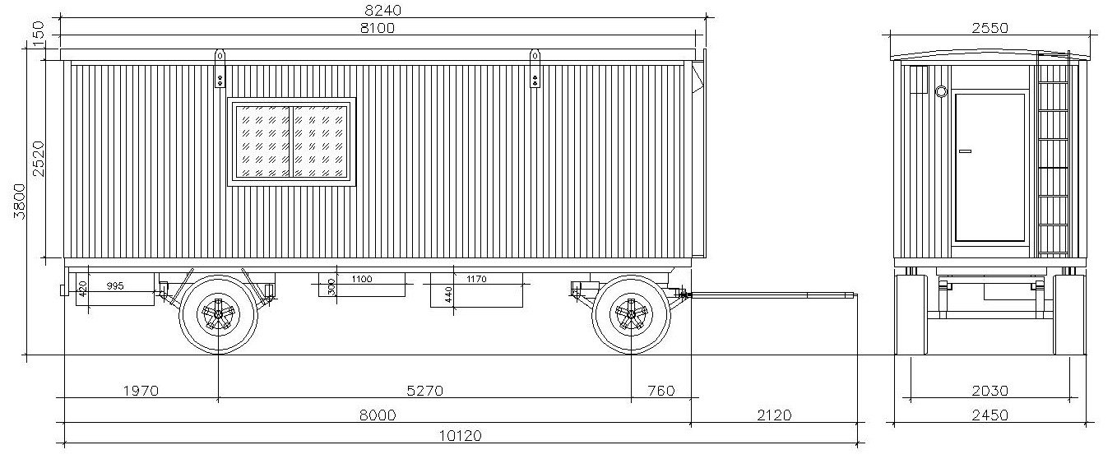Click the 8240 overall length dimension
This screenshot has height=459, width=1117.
(383, 10)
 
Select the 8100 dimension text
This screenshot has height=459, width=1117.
(378, 28)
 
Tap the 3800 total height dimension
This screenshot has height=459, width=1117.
(19, 201)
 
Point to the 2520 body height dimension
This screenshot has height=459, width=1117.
(39, 159)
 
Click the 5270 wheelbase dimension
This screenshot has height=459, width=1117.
(425, 391)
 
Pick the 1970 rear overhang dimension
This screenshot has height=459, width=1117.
(141, 391)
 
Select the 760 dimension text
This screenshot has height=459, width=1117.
(661, 391)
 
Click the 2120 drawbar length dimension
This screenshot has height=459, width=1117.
(774, 415)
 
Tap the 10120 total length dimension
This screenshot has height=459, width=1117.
(461, 436)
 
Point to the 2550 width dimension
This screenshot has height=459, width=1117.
(990, 28)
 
